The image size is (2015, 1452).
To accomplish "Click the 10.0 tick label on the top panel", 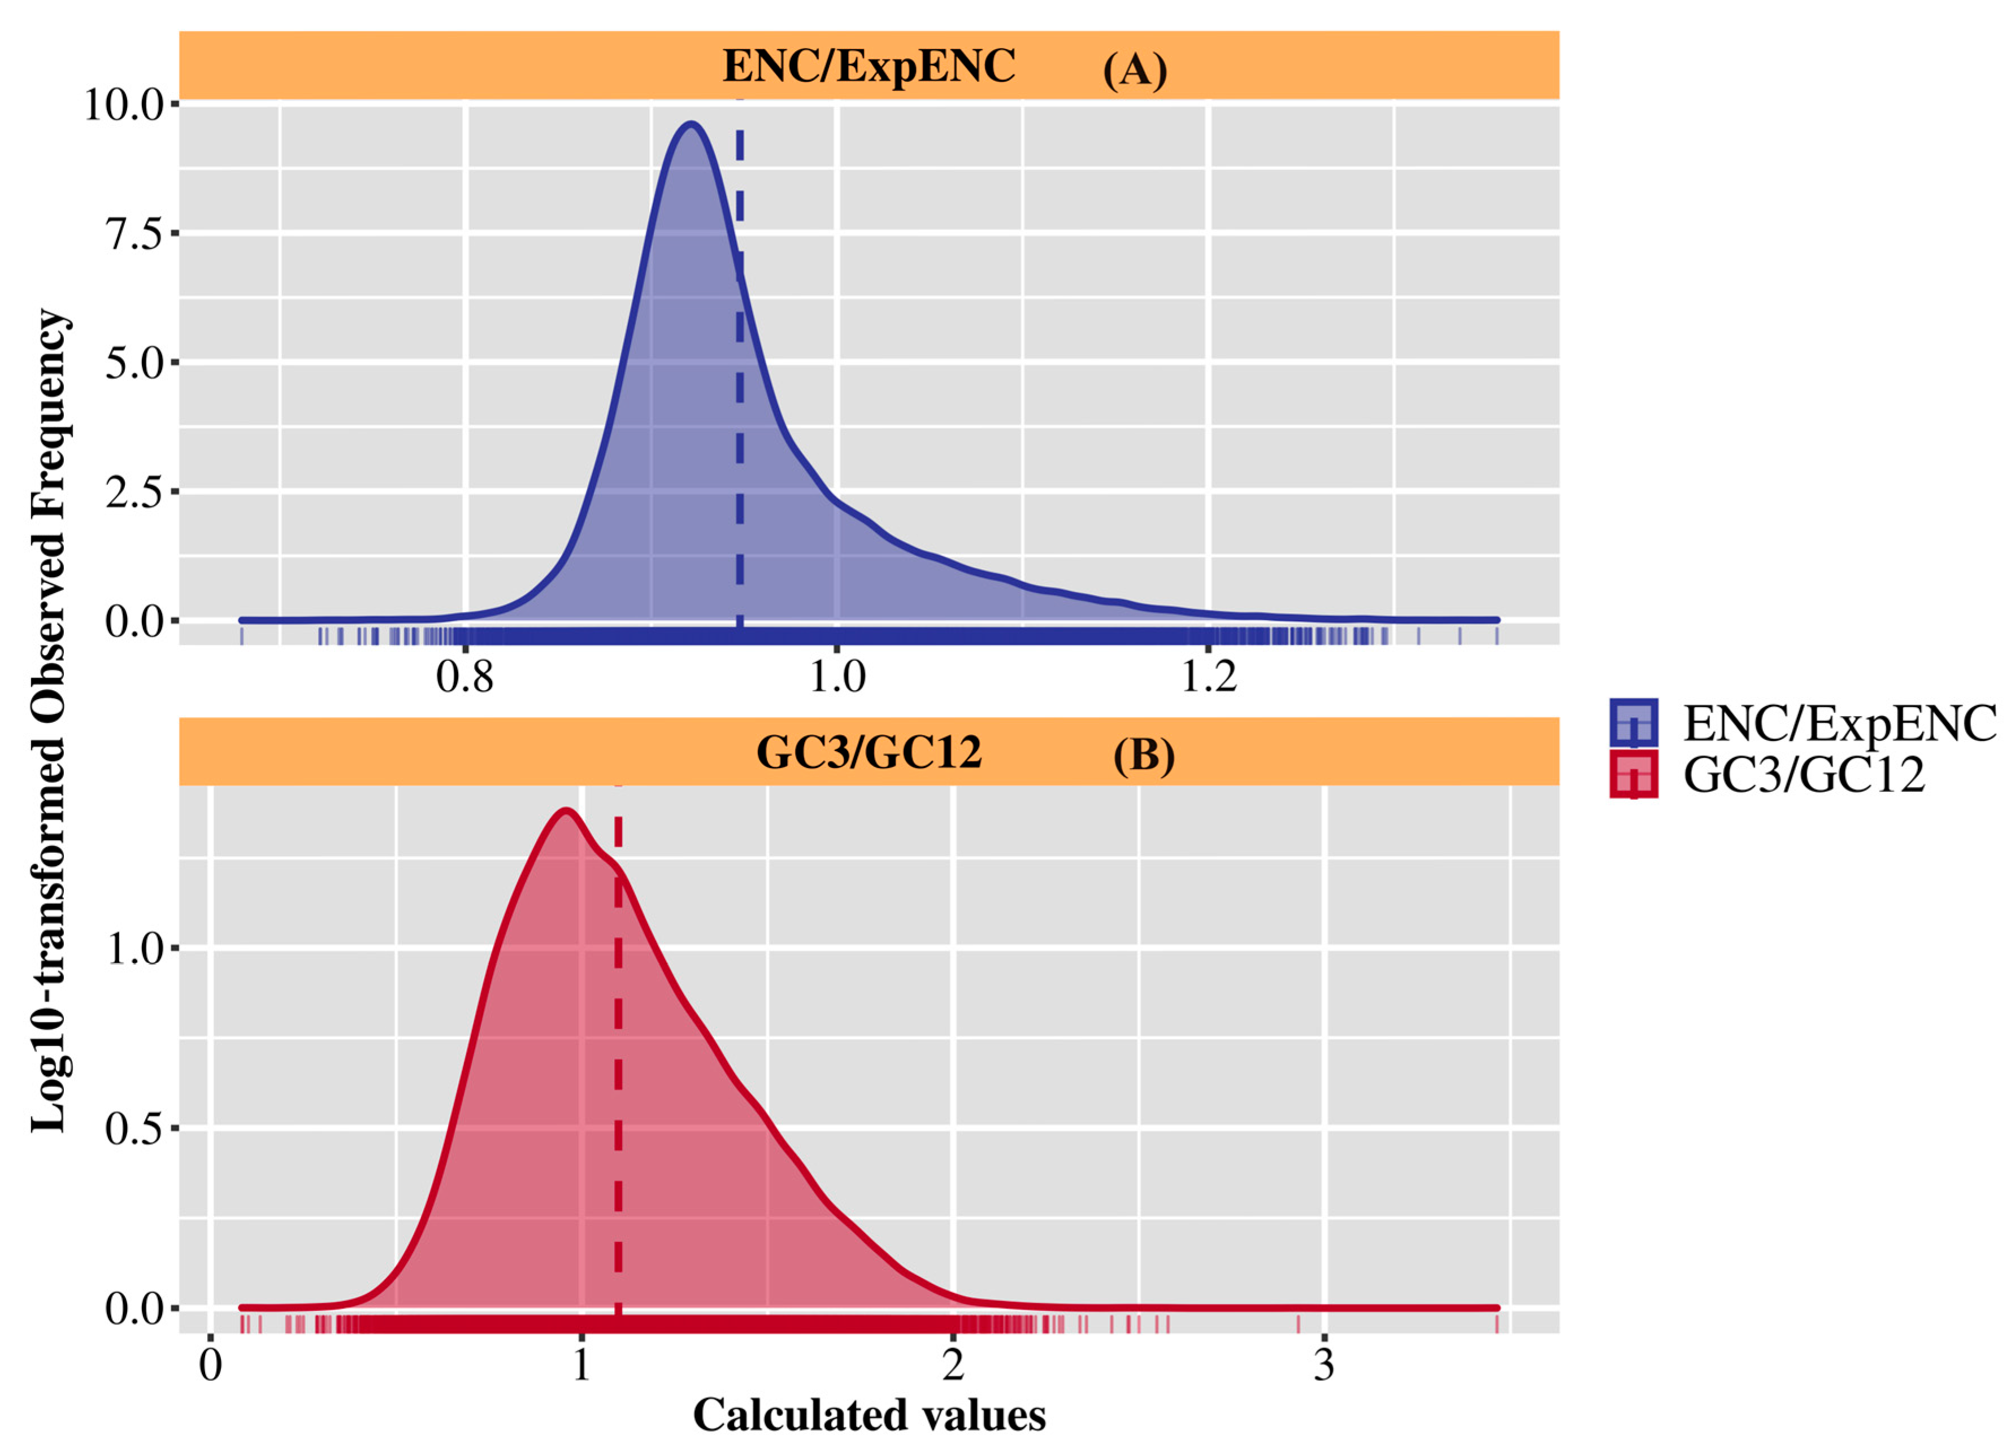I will (124, 105).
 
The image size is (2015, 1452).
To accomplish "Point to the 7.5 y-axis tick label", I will (135, 234).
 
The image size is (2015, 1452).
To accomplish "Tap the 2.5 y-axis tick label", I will (135, 492).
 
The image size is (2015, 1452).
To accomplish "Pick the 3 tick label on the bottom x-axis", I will (1324, 1365).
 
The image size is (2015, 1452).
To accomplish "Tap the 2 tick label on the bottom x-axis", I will (953, 1365).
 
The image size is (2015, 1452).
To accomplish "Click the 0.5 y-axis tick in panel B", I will (135, 1129).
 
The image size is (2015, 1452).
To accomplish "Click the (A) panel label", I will (1135, 68).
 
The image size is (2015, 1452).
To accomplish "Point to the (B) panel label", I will (1144, 755).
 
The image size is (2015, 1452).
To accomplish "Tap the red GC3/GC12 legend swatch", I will (1633, 774).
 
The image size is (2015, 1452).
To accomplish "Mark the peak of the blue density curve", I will (691, 124).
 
